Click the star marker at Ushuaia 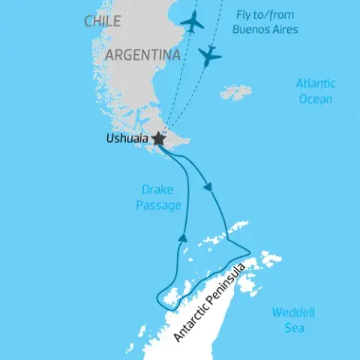click(x=158, y=139)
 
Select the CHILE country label click(x=103, y=21)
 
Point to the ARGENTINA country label click(x=142, y=55)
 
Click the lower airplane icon click(x=211, y=55)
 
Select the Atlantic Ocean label click(x=314, y=91)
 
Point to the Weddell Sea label click(x=289, y=319)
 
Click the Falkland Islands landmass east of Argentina click(x=237, y=93)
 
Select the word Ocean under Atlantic click(x=314, y=98)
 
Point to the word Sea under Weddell click(x=289, y=327)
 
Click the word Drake click(x=157, y=189)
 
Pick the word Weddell click(x=289, y=312)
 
